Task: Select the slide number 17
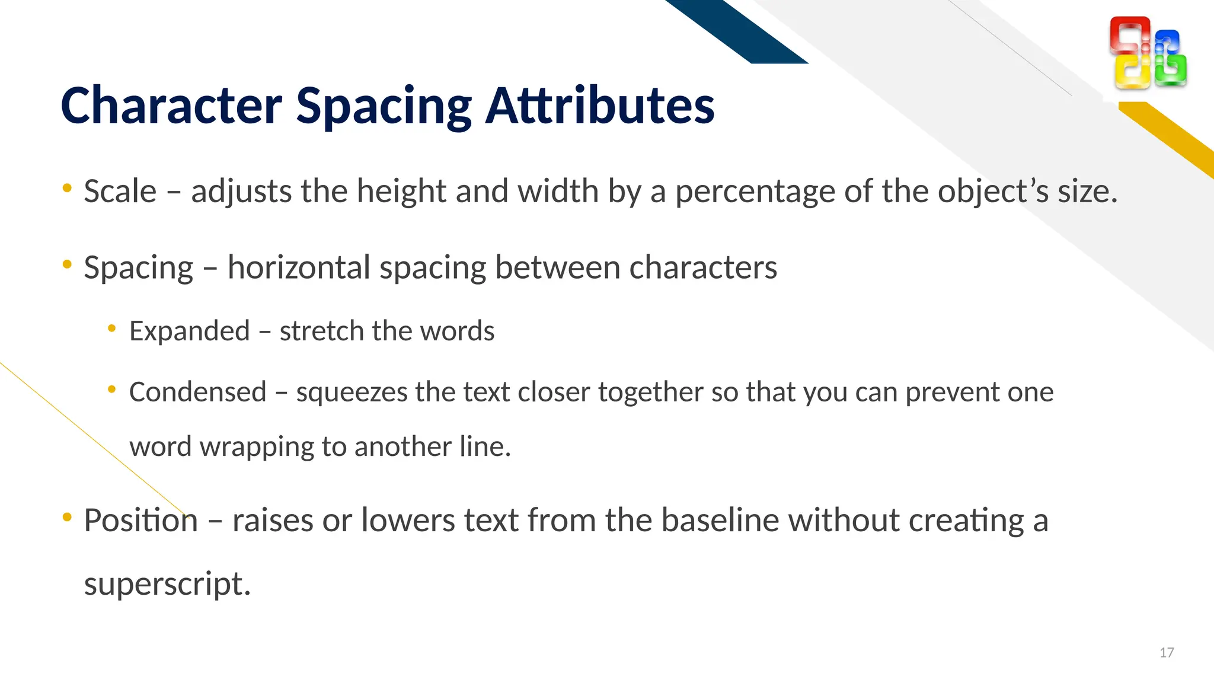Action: click(1167, 653)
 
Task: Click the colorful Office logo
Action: click(1148, 53)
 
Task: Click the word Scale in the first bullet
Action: click(120, 192)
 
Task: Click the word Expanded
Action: click(190, 331)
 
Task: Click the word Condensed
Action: click(198, 392)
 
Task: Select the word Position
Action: click(140, 521)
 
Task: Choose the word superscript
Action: click(167, 585)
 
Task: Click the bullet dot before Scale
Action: click(67, 189)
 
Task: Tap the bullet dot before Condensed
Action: click(112, 390)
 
